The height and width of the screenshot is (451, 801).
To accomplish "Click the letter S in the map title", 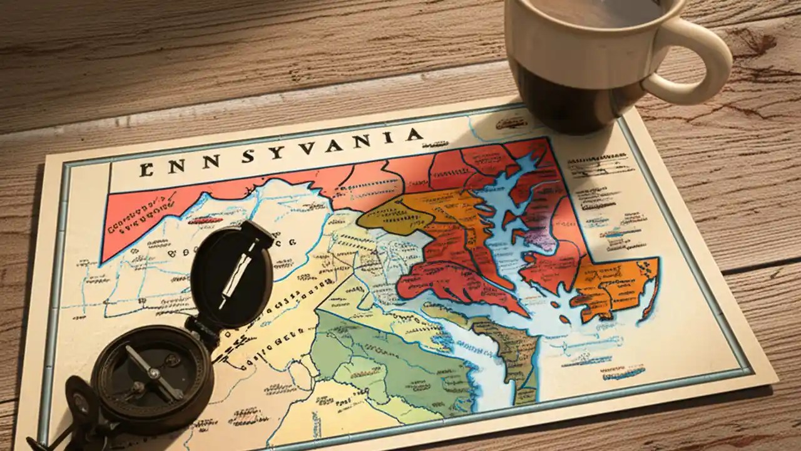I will (248, 157).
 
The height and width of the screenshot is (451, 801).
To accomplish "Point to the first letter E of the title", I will (146, 169).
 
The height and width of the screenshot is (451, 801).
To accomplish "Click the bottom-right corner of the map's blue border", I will (750, 369).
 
